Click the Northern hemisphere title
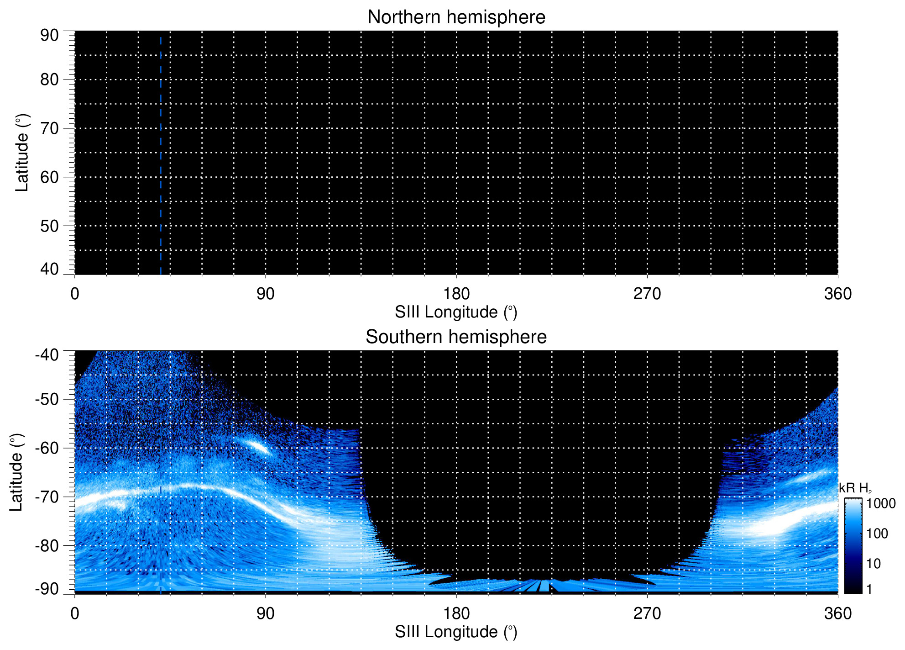coord(456,17)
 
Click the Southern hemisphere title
coord(456,337)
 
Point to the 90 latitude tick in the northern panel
coord(49,35)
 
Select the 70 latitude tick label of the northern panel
coord(49,128)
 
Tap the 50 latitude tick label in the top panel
coord(49,226)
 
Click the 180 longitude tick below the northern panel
coord(456,294)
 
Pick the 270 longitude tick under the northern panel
coord(647,294)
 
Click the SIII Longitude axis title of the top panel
coord(456,312)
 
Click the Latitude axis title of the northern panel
coord(22,153)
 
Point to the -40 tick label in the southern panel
coord(47,355)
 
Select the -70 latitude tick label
coord(47,497)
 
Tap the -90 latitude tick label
coord(47,589)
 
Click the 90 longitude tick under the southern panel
coord(265,613)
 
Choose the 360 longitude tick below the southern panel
coord(837,613)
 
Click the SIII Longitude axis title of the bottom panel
coord(456,632)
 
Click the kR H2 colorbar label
coord(855,488)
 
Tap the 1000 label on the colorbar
coord(881,504)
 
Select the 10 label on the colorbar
coord(874,564)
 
